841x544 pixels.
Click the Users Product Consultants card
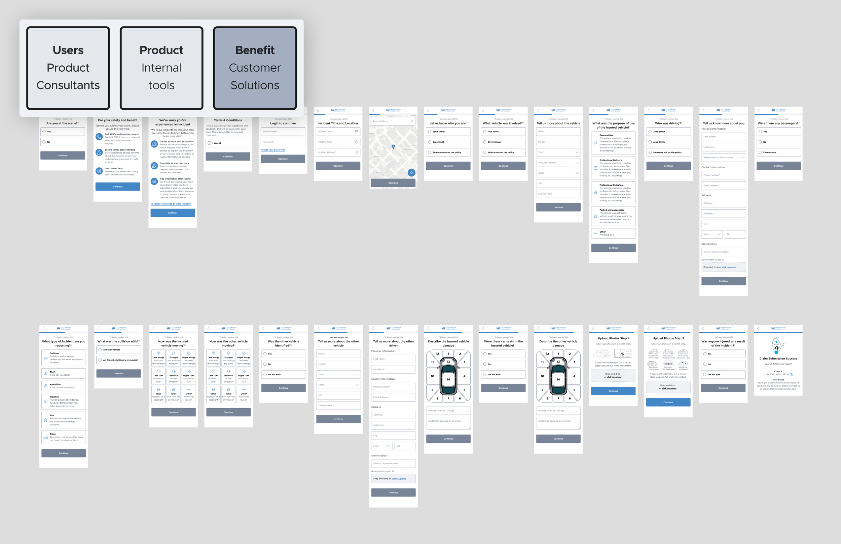(68, 68)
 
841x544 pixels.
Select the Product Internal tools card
(161, 68)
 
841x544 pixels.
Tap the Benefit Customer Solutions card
(255, 68)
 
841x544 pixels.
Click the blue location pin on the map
(393, 146)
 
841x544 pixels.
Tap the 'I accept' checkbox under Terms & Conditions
(209, 143)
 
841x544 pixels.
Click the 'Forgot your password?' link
(273, 150)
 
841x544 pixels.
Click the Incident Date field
(338, 131)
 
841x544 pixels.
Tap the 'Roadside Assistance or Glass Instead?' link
(171, 204)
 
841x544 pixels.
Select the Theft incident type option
(64, 373)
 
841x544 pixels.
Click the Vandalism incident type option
(64, 386)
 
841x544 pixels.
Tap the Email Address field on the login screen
(283, 131)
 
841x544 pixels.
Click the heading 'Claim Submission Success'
(778, 359)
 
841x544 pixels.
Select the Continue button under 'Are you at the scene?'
(63, 156)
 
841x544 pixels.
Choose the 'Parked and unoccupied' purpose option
(613, 216)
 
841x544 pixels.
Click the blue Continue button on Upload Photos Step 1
(613, 391)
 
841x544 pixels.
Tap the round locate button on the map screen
(411, 173)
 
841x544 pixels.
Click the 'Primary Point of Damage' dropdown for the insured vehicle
(448, 411)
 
